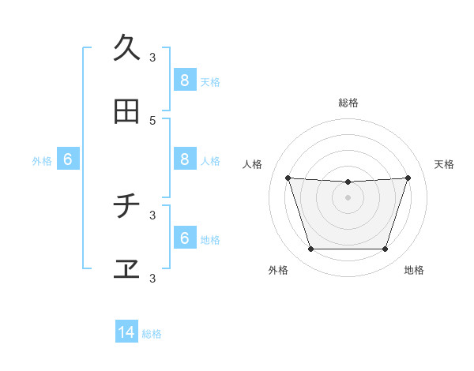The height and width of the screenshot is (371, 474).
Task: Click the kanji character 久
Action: [x=126, y=48]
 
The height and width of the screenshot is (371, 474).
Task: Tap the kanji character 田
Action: [x=126, y=112]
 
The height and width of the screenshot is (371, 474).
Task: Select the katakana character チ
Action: [x=126, y=207]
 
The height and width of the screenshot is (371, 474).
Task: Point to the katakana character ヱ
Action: [x=126, y=270]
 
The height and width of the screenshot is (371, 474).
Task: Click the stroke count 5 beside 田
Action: [x=152, y=120]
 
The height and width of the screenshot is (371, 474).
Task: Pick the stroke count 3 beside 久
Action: [x=152, y=57]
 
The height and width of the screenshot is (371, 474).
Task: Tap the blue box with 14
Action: [x=126, y=333]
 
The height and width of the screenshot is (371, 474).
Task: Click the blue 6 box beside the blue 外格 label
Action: [x=68, y=159]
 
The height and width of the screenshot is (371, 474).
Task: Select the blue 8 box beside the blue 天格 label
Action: [x=184, y=80]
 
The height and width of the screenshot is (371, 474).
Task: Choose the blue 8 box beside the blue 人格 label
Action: [x=184, y=159]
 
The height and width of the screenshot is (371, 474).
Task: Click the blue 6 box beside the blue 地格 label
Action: [x=184, y=238]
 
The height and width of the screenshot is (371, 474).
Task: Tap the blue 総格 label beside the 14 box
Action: [x=152, y=334]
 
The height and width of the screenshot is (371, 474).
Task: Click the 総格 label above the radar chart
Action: [x=348, y=103]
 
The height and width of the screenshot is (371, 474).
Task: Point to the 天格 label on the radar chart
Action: [x=444, y=164]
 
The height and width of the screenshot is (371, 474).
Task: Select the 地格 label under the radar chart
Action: [x=414, y=270]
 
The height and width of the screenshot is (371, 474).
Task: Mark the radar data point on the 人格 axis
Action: [x=288, y=178]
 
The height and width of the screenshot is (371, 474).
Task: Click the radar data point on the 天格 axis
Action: [x=408, y=178]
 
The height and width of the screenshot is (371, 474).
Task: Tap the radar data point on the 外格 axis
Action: [x=310, y=249]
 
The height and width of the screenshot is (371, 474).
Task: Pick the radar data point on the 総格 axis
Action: [x=348, y=182]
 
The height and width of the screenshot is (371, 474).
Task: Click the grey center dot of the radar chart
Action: [x=348, y=197]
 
